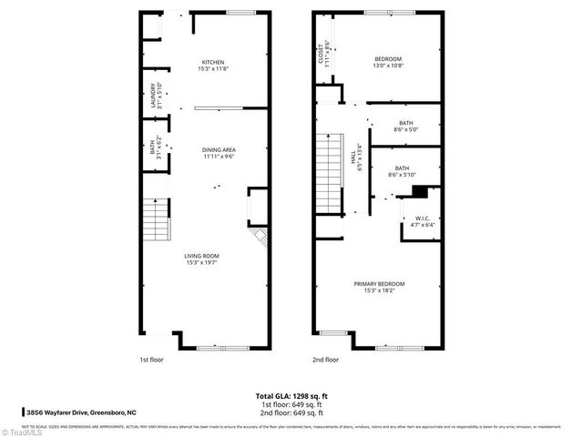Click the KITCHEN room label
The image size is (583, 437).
coord(212,62)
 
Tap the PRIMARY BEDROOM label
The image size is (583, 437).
coord(379,284)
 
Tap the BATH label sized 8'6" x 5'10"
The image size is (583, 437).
coord(400,168)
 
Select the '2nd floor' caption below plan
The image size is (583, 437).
coord(324,359)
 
